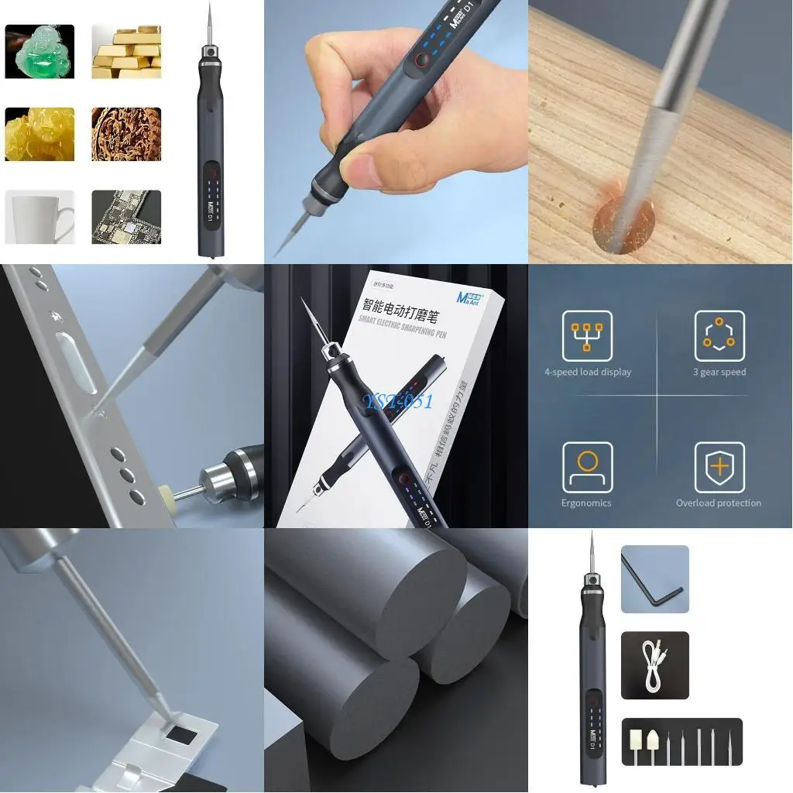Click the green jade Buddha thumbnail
[x=39, y=51]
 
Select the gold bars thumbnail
[x=126, y=51]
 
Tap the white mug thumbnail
[x=39, y=217]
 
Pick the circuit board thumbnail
[x=126, y=217]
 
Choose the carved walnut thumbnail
[x=126, y=134]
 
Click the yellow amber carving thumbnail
[x=39, y=134]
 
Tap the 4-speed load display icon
[x=587, y=336]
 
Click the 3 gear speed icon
[x=719, y=336]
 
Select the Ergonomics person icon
[x=587, y=467]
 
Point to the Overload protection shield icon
[x=719, y=467]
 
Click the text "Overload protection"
[x=719, y=503]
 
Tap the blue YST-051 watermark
[x=400, y=400]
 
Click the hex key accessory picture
[x=654, y=579]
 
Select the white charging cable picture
[x=654, y=665]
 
